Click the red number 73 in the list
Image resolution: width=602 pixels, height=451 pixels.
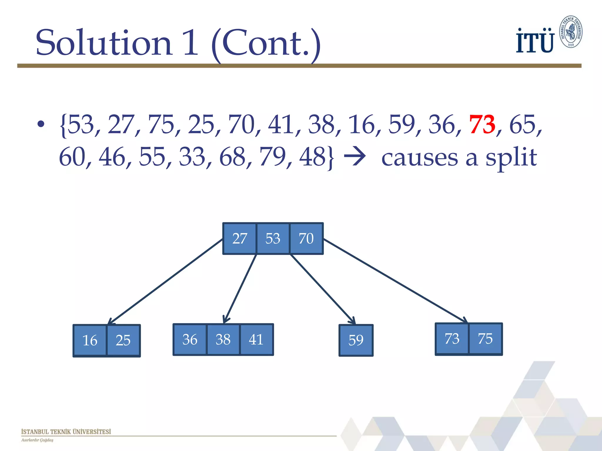pos(482,124)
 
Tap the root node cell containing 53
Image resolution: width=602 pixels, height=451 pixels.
pos(273,238)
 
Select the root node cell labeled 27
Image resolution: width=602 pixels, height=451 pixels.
pos(240,238)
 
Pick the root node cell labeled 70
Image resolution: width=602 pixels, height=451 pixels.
pos(306,238)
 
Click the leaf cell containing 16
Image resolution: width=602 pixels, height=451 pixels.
pos(90,341)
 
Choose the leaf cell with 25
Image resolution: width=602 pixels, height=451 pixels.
pos(123,341)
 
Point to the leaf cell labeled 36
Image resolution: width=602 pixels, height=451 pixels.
pos(190,340)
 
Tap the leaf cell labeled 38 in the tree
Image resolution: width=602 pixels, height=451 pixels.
pos(223,340)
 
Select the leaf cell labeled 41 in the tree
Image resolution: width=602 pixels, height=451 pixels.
pos(256,340)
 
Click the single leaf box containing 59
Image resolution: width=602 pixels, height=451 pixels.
pos(356,340)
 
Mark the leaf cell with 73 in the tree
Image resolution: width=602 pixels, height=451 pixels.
pos(452,339)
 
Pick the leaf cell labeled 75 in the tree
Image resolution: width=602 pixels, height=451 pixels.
pos(485,339)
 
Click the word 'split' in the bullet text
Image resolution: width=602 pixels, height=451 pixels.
pos(511,158)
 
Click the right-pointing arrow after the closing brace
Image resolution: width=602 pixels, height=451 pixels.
pos(355,156)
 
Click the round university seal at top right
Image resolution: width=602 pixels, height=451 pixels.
pos(571,32)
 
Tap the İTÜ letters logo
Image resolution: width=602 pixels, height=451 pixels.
pos(535,41)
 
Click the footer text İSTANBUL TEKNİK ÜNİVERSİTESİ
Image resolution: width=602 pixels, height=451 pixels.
pos(66,432)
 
